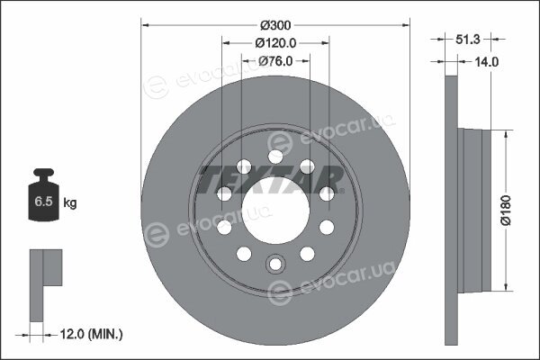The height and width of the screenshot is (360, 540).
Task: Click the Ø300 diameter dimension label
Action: (275, 25)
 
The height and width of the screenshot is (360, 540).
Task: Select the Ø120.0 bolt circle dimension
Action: (275, 43)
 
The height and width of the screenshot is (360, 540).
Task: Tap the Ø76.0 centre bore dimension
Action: (275, 61)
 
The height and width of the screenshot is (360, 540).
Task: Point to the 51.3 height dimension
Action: (468, 40)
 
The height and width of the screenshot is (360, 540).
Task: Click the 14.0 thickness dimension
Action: (487, 62)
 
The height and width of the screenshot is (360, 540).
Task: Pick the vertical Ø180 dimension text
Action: (506, 210)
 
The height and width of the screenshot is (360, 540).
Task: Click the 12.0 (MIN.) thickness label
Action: (91, 334)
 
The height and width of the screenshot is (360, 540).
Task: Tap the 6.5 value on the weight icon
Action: (43, 202)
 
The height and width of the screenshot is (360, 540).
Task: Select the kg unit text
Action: (70, 202)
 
